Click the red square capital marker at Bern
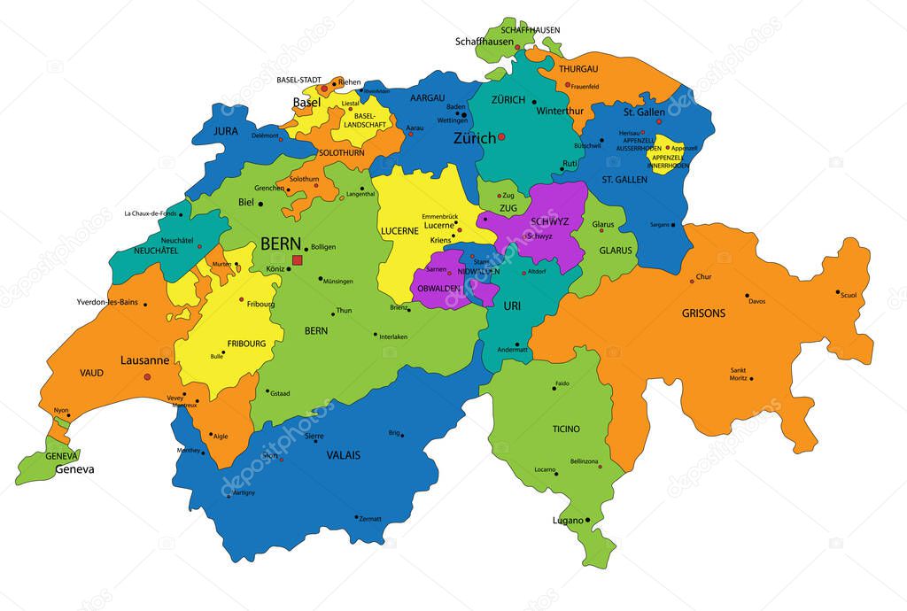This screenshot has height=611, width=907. click(298, 259)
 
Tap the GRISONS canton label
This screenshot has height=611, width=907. click(703, 313)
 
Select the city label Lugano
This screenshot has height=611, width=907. click(568, 521)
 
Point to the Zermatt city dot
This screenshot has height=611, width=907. click(356, 517)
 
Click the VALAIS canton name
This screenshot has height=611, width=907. click(343, 455)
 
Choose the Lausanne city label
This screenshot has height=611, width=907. click(144, 360)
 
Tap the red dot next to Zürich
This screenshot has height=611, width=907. click(501, 137)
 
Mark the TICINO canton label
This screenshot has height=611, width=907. click(566, 429)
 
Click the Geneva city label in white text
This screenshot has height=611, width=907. click(74, 469)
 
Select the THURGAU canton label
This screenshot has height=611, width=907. click(578, 69)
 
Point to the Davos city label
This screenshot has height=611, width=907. click(756, 302)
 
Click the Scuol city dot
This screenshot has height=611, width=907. click(837, 291)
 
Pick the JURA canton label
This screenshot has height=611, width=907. click(226, 130)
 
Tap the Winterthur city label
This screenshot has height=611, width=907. click(560, 111)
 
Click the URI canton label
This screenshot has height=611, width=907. click(513, 305)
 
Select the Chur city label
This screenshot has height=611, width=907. click(703, 277)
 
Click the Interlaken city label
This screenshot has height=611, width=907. click(392, 337)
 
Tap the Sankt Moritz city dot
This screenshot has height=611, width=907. click(751, 378)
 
